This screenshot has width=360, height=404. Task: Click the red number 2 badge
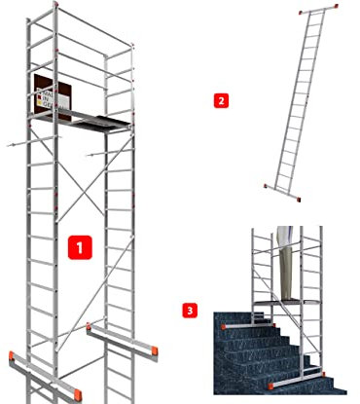(222, 99)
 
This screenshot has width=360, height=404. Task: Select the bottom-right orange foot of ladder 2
(299, 200)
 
